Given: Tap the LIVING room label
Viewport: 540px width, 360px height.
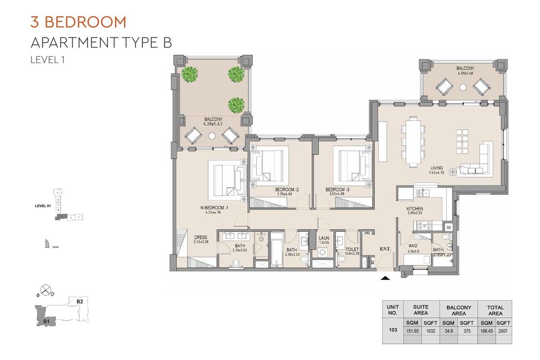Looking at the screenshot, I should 436,168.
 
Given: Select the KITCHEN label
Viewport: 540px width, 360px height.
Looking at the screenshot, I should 414,209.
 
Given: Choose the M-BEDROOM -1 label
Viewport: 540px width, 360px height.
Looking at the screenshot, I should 215,207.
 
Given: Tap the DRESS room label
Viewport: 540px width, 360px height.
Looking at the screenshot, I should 200,238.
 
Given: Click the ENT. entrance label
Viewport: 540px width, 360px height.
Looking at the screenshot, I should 385,248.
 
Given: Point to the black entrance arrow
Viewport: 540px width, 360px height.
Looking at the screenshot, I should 385,279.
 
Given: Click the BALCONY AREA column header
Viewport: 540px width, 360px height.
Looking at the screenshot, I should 459,310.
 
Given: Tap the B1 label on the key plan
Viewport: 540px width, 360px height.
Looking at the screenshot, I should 46,321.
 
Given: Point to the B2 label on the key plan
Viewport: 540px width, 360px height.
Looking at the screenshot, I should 80,301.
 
